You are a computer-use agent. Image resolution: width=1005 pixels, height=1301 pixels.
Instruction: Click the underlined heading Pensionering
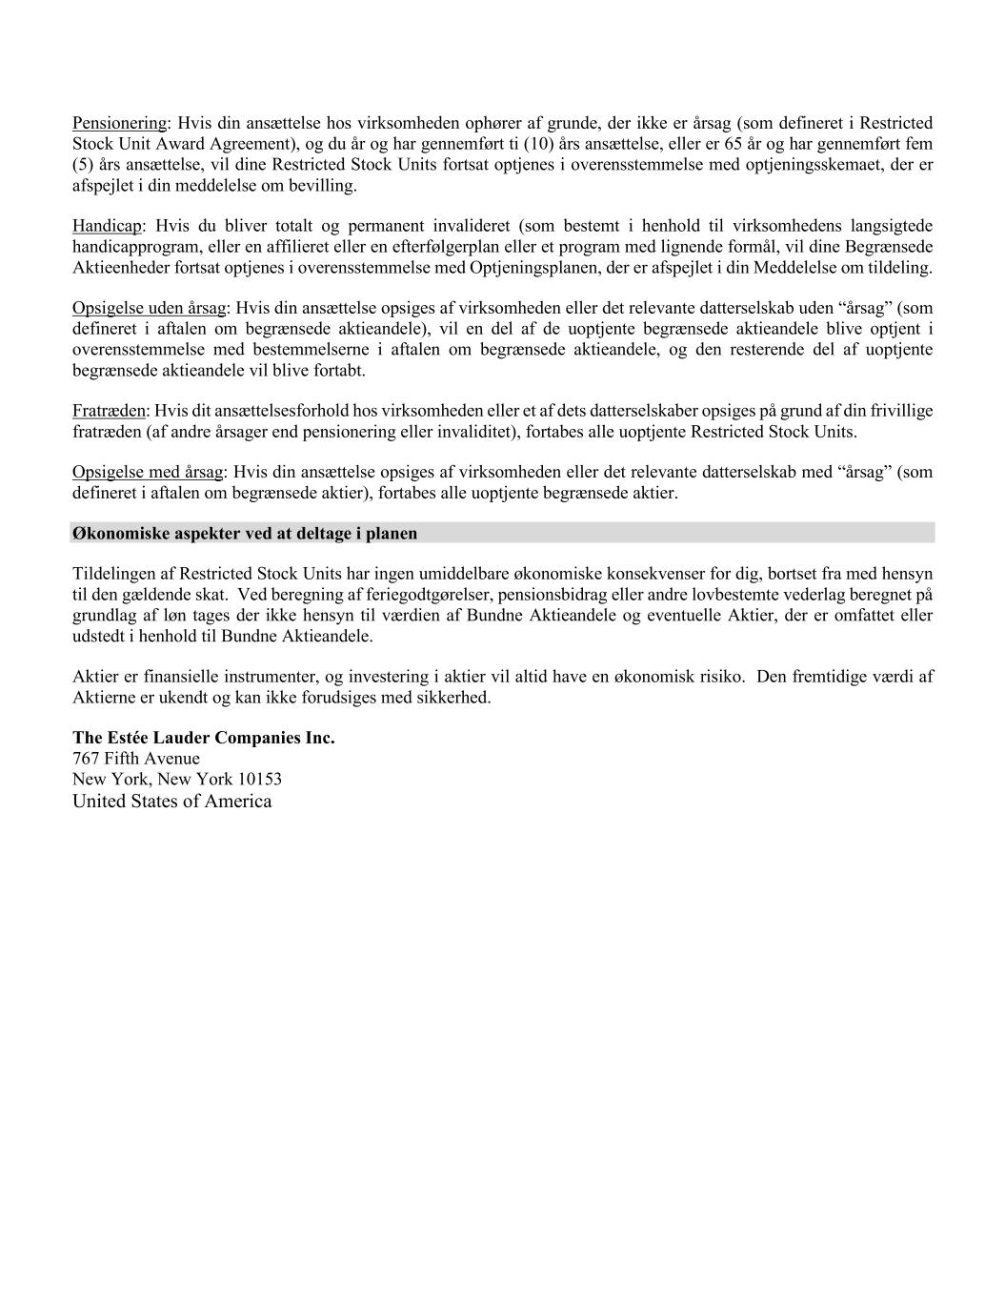coord(119,123)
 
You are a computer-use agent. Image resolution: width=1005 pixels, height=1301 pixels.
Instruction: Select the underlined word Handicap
coord(107,226)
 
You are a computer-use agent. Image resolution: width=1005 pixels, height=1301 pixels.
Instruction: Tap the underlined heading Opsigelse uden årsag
coord(149,308)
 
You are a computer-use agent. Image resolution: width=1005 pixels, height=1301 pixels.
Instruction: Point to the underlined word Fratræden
coord(109,411)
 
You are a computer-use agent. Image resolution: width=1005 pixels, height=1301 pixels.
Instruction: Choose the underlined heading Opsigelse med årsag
coord(148,472)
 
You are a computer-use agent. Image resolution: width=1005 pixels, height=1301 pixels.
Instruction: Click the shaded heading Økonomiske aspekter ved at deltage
coord(245,534)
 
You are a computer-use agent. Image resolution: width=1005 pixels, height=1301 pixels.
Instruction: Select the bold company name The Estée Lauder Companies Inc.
coord(204,738)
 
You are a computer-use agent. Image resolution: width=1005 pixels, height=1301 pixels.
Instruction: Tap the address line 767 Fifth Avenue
coord(136,759)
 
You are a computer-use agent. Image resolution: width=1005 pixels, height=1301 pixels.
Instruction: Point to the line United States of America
coord(171,801)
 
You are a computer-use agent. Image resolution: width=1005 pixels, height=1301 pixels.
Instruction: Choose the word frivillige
coord(900,411)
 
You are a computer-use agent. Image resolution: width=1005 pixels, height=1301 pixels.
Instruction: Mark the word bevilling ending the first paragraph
coord(326,185)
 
